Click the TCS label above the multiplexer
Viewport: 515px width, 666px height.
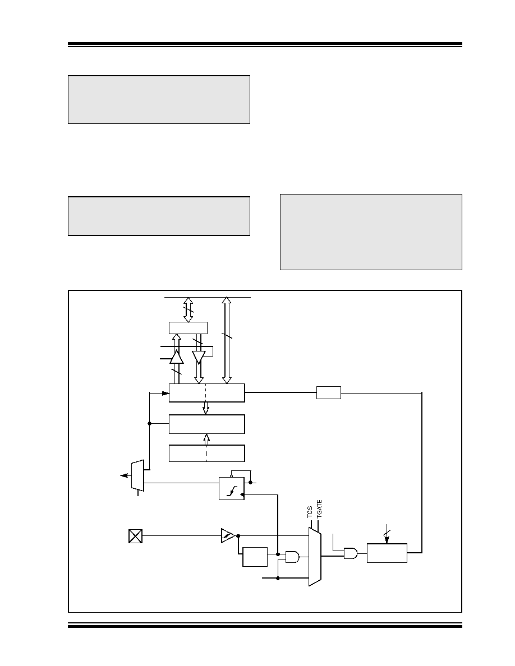310,511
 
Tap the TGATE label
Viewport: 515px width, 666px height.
320,508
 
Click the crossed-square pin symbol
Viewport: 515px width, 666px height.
135,536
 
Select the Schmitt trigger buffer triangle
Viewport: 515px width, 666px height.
227,536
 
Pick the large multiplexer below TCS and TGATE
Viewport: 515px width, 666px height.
314,557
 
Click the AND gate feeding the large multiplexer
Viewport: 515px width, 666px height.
292,557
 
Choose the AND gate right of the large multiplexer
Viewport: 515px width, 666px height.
351,553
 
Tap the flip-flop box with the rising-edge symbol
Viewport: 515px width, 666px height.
232,488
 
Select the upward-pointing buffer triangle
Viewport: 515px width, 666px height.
177,357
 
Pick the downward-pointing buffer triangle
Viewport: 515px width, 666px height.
199,357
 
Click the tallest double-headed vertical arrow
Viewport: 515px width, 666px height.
227,340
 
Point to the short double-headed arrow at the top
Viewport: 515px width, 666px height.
188,309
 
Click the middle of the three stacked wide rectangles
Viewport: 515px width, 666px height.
207,424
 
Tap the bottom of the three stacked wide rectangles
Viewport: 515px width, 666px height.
207,453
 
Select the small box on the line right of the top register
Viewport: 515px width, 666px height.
328,393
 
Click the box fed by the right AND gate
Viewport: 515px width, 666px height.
387,553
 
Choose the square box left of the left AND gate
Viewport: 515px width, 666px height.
255,557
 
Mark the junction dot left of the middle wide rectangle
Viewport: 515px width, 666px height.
150,423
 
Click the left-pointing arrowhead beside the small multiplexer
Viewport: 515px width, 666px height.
124,476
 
